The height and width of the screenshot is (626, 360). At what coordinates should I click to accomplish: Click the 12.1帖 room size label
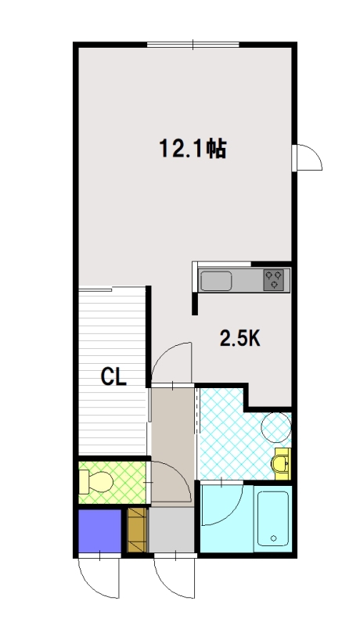(x=193, y=149)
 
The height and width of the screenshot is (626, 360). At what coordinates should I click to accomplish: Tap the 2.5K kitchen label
(x=240, y=339)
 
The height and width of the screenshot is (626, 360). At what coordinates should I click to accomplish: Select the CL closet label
(x=113, y=376)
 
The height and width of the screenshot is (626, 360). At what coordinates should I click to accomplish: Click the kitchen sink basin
(x=216, y=281)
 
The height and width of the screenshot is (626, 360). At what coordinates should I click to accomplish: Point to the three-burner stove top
(x=274, y=280)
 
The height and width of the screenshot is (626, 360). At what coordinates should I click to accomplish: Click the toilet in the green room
(x=95, y=481)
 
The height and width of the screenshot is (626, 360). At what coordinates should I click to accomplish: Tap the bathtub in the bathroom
(x=273, y=519)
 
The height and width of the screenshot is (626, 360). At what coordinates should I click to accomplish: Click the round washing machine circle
(x=275, y=427)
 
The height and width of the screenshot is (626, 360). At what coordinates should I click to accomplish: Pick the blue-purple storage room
(x=99, y=531)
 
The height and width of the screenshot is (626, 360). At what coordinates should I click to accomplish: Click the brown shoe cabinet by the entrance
(x=138, y=530)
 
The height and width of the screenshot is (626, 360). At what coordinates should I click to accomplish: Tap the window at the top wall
(x=193, y=45)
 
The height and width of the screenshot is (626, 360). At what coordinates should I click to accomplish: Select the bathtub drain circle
(x=273, y=538)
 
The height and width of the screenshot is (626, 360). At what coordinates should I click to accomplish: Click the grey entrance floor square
(x=171, y=531)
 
